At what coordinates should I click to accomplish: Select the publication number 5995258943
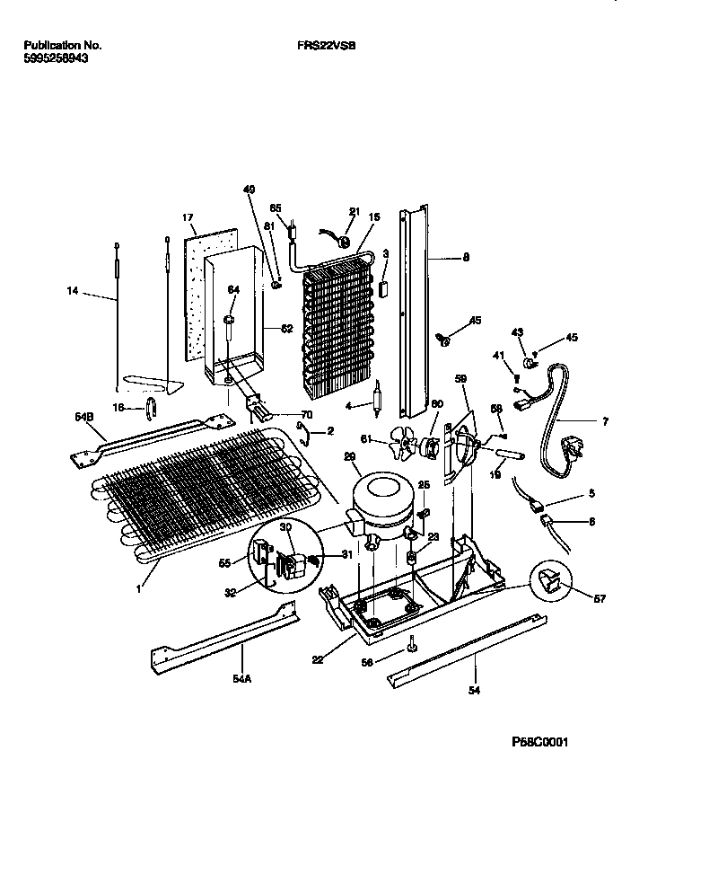point(56,57)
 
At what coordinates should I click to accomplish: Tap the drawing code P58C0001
point(539,742)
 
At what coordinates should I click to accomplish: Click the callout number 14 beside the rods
point(73,290)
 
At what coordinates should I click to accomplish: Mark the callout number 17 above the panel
point(188,217)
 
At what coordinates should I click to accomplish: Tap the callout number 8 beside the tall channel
point(466,258)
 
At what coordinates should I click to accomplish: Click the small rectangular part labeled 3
point(384,288)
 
